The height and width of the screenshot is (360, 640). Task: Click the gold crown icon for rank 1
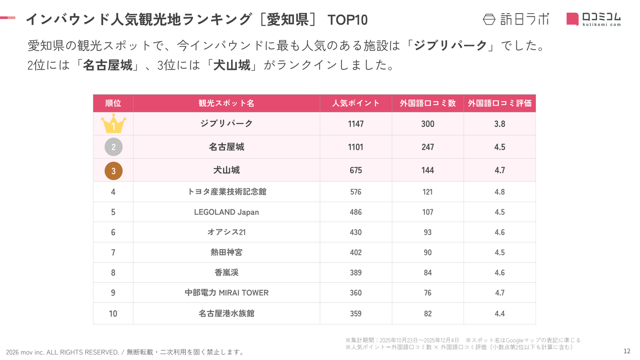tap(113, 124)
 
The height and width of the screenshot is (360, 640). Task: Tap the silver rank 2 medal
tap(113, 147)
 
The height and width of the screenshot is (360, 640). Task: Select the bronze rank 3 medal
tap(113, 171)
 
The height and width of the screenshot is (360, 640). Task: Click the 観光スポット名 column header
tap(226, 103)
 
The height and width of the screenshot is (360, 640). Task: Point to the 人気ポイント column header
tap(356, 103)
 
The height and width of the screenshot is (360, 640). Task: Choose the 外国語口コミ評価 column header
tap(500, 103)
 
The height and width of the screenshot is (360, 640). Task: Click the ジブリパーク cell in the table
tap(226, 124)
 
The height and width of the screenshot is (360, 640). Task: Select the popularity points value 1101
tap(356, 147)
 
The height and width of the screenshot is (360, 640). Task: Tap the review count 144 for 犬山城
tap(428, 170)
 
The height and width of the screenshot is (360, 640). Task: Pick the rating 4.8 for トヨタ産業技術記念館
tap(500, 192)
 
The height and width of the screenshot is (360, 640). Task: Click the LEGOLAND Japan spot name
tap(226, 212)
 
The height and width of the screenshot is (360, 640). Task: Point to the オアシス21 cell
tap(226, 232)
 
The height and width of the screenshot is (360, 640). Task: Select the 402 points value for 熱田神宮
tap(356, 252)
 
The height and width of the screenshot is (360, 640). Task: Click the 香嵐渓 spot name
tap(226, 273)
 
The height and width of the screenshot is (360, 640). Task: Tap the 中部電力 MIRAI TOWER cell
tap(226, 293)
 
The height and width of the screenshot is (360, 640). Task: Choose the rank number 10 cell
tap(113, 314)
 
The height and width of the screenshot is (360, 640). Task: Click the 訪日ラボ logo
tap(516, 19)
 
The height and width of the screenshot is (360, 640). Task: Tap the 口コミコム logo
tap(594, 19)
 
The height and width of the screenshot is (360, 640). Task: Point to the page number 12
tap(627, 351)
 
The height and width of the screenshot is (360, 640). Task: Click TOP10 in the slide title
tap(347, 20)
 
